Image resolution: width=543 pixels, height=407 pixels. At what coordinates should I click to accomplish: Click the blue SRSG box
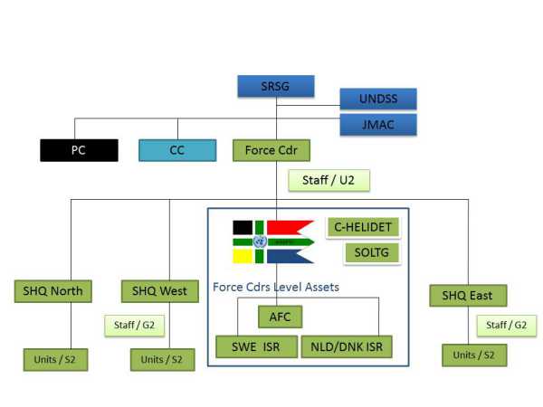(x=276, y=86)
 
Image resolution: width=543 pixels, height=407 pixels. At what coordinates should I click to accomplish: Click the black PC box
(x=79, y=150)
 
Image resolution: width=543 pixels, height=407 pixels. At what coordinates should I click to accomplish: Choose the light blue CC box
(x=178, y=150)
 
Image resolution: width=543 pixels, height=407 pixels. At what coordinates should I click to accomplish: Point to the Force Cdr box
(x=271, y=150)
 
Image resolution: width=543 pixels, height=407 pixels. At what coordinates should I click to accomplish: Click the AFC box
(x=280, y=317)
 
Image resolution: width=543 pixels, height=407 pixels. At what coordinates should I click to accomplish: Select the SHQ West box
(x=160, y=291)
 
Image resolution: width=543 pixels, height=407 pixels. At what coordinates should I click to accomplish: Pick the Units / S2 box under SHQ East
(x=473, y=355)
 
